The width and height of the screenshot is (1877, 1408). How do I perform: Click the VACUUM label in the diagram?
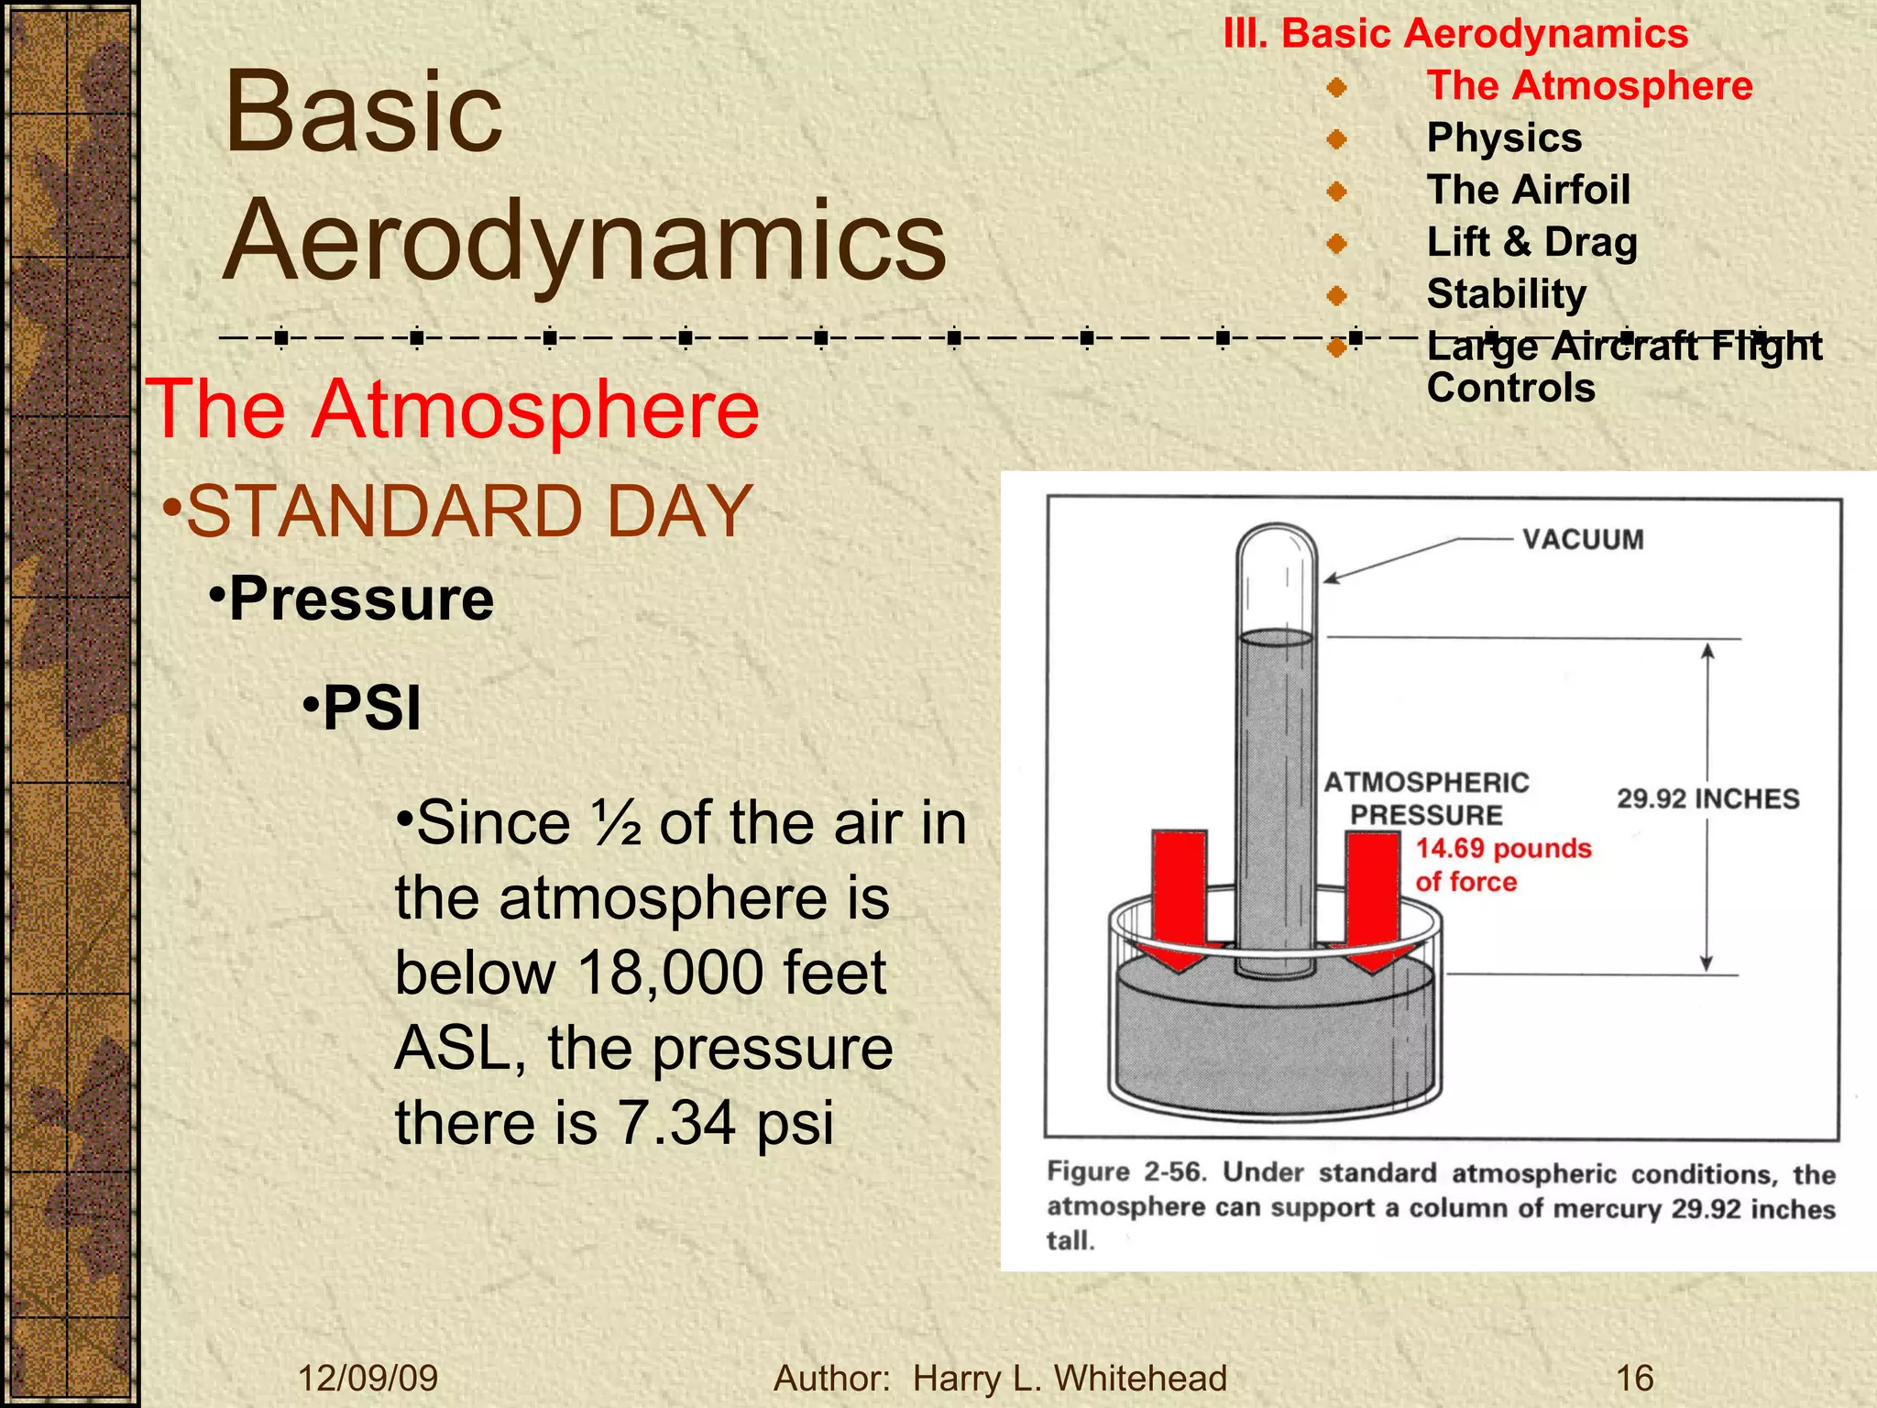click(x=1583, y=539)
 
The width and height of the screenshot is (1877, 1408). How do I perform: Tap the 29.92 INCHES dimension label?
click(x=1707, y=798)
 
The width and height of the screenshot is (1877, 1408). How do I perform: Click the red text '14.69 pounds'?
click(x=1503, y=848)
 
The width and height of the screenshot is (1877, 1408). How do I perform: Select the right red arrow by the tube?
click(x=1372, y=894)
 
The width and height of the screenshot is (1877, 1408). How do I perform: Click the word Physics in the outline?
click(x=1504, y=138)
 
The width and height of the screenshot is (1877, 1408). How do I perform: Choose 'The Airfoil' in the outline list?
click(x=1528, y=191)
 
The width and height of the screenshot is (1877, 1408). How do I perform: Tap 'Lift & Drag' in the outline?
click(x=1531, y=243)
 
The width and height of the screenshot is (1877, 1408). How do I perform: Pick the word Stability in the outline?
click(x=1506, y=294)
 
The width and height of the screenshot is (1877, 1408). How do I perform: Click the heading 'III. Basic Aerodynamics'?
click(x=1455, y=34)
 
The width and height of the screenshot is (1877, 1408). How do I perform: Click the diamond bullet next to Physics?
click(x=1337, y=139)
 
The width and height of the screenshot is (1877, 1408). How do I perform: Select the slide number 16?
click(x=1634, y=1379)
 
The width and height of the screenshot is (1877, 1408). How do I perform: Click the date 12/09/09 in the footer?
click(x=368, y=1379)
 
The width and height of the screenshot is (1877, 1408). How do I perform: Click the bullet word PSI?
click(x=371, y=709)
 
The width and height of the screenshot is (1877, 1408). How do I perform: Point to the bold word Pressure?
click(x=361, y=599)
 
